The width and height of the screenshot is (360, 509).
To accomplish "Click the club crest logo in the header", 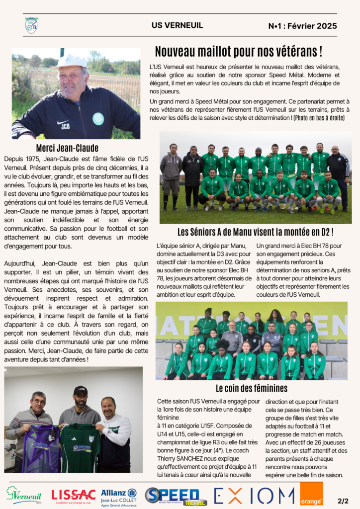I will click(31, 25).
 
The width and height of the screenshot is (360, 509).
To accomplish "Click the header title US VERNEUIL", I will click(177, 25).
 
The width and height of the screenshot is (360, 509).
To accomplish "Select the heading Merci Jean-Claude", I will click(67, 148).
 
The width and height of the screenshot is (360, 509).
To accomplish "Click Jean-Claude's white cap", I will click(69, 61).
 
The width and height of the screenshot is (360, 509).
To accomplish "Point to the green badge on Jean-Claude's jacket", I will click(98, 118).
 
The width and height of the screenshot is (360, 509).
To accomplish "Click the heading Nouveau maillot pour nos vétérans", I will click(238, 51).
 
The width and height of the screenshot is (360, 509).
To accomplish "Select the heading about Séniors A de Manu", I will click(255, 232).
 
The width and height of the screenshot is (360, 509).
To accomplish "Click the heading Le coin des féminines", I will click(252, 388).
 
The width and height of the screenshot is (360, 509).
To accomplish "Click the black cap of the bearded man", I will click(80, 391).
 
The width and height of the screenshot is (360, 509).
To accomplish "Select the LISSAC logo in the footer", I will click(73, 495).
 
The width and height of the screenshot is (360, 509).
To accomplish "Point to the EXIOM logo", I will click(254, 495).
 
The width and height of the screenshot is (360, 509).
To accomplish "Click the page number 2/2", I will click(343, 501).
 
